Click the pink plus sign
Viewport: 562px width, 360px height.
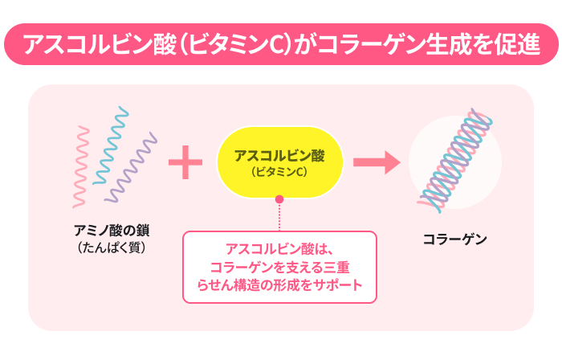(185, 162)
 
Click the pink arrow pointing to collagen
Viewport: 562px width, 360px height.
(377, 162)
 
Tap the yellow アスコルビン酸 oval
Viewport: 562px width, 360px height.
(280, 162)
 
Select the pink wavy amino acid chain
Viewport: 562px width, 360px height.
(81, 166)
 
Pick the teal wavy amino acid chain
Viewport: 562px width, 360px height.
(111, 145)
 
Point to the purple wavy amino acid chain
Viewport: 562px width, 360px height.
(131, 168)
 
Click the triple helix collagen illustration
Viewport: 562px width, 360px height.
(454, 161)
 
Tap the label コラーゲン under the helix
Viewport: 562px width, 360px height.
(455, 239)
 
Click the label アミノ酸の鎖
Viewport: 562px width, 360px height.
(112, 230)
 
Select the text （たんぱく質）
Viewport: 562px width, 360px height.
(112, 247)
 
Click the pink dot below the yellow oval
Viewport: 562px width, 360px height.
(279, 199)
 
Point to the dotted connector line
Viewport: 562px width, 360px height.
(279, 217)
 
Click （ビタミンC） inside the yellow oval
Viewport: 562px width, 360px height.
(279, 172)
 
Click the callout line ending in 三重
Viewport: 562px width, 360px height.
(279, 268)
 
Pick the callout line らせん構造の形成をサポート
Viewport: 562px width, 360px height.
(279, 285)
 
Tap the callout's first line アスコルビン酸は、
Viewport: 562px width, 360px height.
(279, 249)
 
